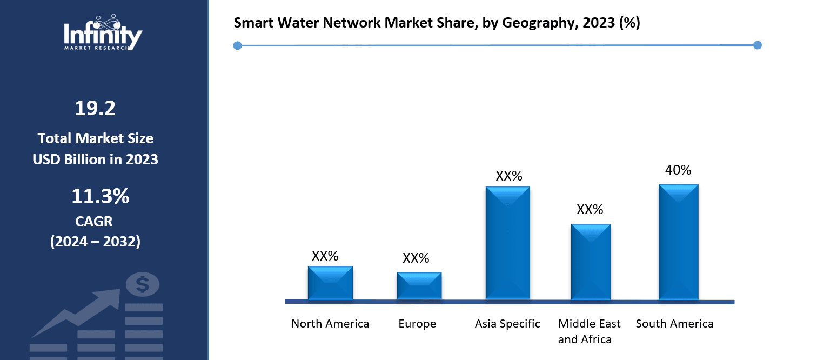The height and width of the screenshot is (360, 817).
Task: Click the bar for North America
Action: point(330,283)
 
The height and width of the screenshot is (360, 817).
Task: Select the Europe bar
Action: point(419,285)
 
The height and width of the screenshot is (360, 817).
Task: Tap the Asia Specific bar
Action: point(508,243)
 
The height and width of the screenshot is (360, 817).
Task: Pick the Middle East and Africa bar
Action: point(591,262)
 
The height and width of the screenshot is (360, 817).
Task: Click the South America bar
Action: point(679,242)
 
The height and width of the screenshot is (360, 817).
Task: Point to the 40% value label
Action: point(678,170)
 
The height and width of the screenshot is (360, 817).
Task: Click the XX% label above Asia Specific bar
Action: point(509,176)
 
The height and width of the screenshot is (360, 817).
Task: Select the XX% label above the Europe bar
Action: point(416,258)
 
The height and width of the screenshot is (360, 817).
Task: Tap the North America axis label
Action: point(330,324)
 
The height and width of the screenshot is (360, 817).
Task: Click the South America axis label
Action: point(674,324)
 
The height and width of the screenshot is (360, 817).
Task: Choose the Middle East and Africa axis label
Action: point(589,331)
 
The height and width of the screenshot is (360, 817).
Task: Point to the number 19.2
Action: point(95,109)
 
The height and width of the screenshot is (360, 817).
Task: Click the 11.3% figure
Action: point(100,197)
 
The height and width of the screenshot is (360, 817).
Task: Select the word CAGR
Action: point(95,221)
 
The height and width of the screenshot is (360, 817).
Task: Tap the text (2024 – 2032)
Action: point(95,242)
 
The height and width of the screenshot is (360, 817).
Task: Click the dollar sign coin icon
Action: point(143,284)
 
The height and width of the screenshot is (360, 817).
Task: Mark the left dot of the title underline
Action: point(237,45)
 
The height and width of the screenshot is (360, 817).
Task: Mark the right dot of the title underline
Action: point(757,45)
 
